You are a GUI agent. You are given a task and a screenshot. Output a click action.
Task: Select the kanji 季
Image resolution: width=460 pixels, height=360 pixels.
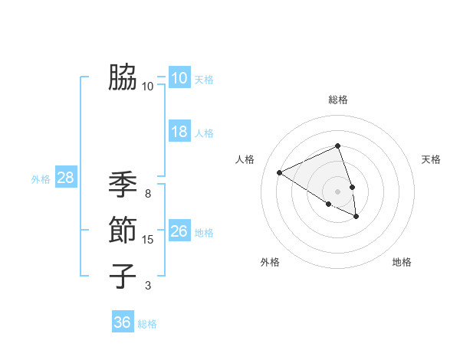pyautogui.click(x=123, y=185)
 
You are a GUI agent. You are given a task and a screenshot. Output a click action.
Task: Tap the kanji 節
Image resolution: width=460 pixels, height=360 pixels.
pyautogui.click(x=123, y=231)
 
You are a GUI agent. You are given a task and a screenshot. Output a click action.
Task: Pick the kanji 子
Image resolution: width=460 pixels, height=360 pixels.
pyautogui.click(x=123, y=276)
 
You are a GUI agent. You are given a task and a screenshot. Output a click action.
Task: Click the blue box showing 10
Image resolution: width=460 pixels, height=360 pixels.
pyautogui.click(x=179, y=78)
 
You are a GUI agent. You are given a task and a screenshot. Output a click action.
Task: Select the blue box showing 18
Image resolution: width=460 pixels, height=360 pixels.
pyautogui.click(x=179, y=132)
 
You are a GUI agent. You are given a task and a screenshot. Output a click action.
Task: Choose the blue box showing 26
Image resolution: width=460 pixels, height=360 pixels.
pyautogui.click(x=179, y=231)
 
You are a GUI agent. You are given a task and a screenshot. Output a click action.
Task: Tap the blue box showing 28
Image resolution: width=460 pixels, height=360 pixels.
pyautogui.click(x=65, y=178)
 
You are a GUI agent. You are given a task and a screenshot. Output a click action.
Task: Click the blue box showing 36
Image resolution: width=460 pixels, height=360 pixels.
pyautogui.click(x=122, y=322)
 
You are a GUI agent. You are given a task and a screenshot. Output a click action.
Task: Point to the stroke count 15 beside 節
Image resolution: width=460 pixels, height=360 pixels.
pyautogui.click(x=148, y=240)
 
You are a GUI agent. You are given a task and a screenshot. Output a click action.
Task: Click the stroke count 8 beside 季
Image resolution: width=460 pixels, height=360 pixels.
pyautogui.click(x=148, y=194)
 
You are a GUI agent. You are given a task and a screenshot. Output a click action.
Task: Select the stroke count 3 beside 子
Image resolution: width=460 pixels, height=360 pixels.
pyautogui.click(x=148, y=286)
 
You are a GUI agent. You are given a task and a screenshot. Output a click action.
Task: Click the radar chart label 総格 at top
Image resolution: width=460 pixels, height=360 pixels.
pyautogui.click(x=337, y=100)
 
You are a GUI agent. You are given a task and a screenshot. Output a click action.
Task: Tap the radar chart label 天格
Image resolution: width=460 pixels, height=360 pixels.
pyautogui.click(x=432, y=159)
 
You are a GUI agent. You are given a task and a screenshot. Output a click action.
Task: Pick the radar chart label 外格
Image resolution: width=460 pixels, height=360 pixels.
pyautogui.click(x=270, y=262)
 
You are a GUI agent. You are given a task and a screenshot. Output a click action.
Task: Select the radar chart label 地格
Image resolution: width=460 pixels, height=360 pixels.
pyautogui.click(x=402, y=262)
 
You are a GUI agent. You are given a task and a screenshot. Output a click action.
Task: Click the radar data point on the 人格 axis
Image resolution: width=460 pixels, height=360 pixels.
pyautogui.click(x=280, y=173)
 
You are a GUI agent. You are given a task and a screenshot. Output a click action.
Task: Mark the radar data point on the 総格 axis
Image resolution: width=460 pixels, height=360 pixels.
pyautogui.click(x=337, y=146)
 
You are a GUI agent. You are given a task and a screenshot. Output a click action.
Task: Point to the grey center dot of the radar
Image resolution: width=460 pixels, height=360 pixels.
pyautogui.click(x=337, y=191)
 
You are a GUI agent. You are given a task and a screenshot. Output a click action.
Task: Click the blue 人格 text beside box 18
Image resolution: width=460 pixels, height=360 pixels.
pyautogui.click(x=204, y=133)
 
